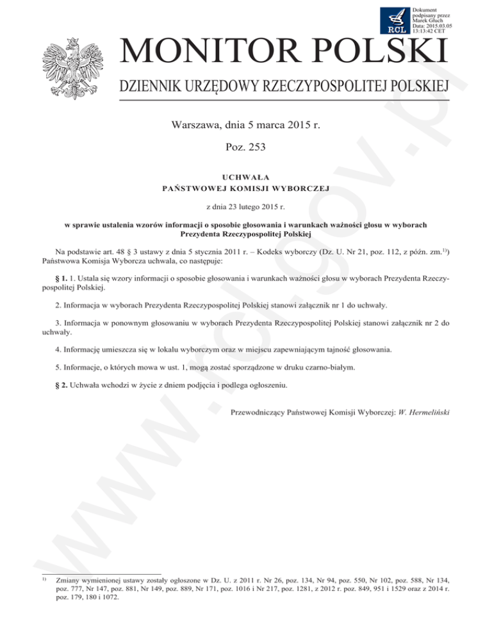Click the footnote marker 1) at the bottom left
(43, 578)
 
